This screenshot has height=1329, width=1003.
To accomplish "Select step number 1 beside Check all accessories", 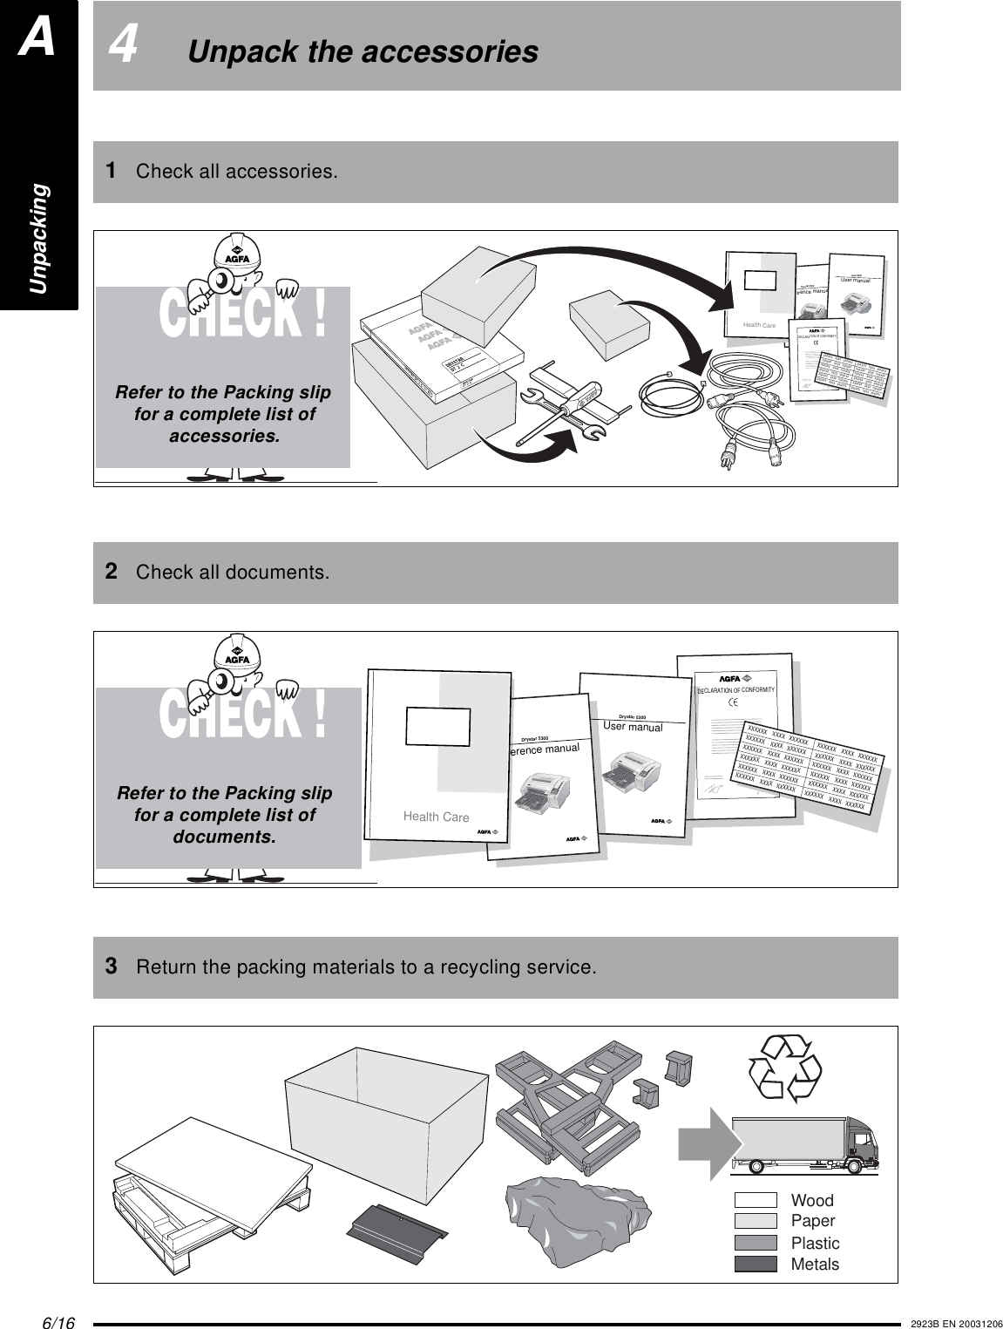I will [112, 170].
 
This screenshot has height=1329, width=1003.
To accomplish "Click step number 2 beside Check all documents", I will [112, 573].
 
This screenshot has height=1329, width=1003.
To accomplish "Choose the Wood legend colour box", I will [756, 1201].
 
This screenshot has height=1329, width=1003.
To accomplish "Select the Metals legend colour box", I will [756, 1265].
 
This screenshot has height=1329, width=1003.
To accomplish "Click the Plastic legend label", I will [815, 1244].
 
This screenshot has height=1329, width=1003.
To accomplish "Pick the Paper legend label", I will [812, 1222].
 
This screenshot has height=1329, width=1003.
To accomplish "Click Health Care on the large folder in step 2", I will [436, 817].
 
